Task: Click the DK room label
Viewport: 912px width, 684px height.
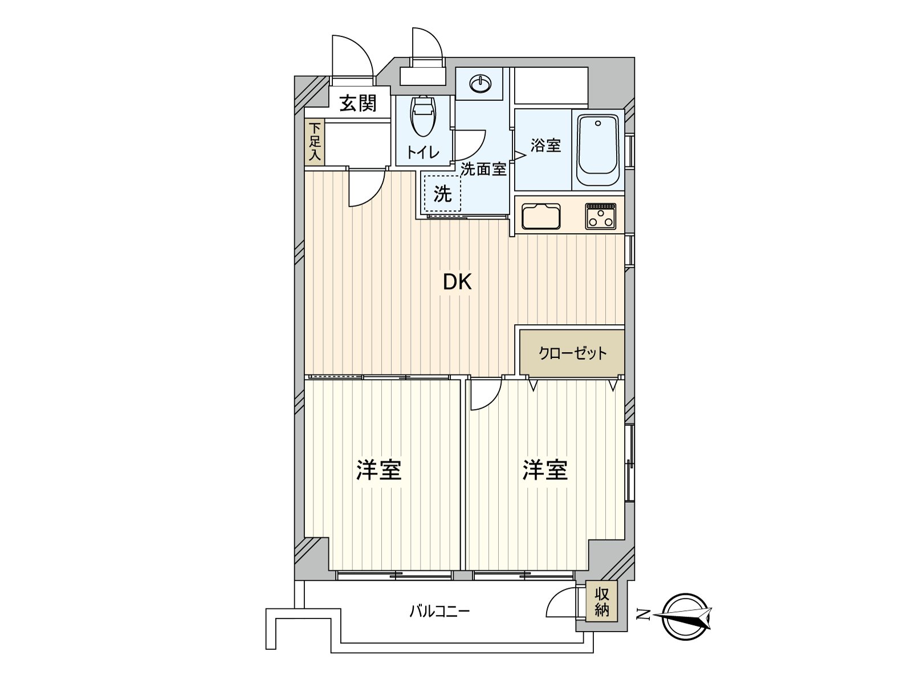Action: click(x=458, y=282)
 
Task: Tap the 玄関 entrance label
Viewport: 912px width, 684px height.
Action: click(x=358, y=103)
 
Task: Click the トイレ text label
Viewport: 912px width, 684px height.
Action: click(x=422, y=152)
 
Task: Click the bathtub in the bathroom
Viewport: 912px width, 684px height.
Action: click(x=598, y=150)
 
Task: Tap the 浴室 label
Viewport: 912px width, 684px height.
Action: click(x=545, y=145)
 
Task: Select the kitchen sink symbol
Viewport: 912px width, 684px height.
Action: click(x=540, y=216)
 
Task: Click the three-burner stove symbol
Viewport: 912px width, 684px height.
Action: click(x=600, y=216)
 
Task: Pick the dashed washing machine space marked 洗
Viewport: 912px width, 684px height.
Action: click(x=442, y=194)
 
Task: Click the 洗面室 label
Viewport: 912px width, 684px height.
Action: click(x=483, y=169)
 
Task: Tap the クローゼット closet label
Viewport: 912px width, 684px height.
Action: click(x=573, y=353)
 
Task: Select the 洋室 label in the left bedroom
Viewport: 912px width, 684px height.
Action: click(x=379, y=470)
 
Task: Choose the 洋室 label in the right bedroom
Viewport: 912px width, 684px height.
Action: click(x=545, y=470)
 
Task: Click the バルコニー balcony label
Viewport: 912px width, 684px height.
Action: click(x=439, y=612)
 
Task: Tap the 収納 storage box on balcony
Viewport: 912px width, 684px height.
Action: click(x=602, y=602)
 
